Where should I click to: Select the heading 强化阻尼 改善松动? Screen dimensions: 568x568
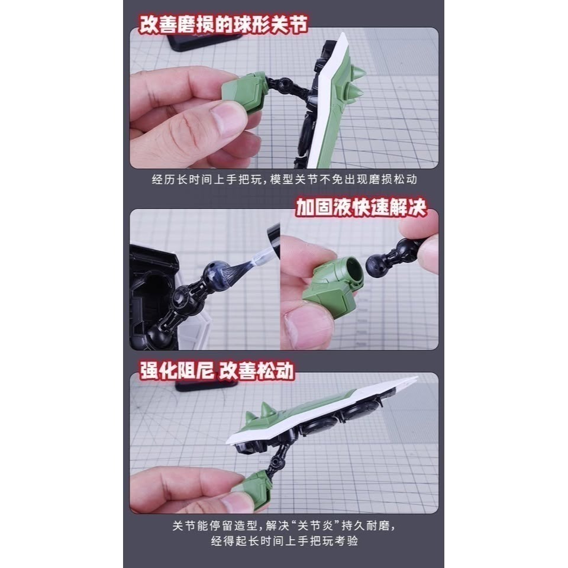217,370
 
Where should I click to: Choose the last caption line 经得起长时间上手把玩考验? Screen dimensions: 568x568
283,541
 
